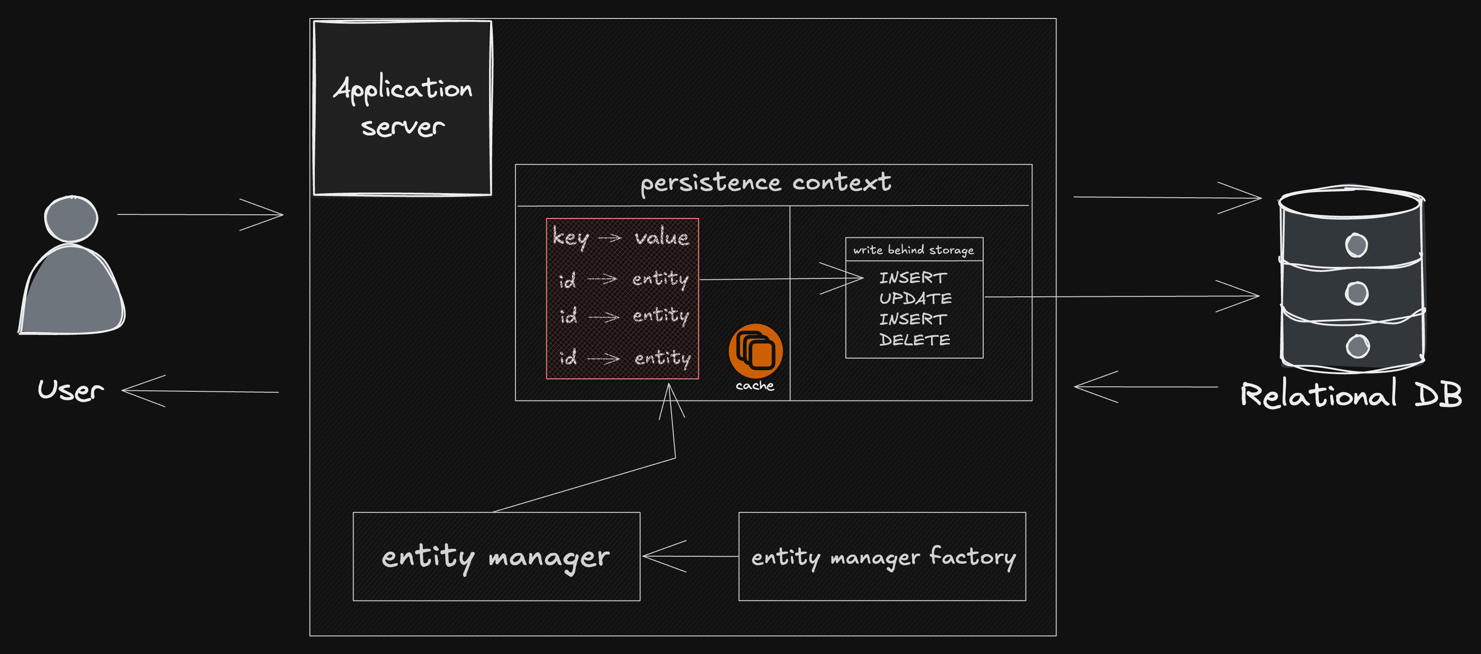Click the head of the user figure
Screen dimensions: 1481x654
pos(71,218)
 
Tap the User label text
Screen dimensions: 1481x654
pos(71,390)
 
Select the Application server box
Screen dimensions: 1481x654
pos(402,108)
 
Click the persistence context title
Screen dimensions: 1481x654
pos(766,183)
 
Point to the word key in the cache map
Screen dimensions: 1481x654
pos(570,237)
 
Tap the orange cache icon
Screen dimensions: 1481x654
pos(755,351)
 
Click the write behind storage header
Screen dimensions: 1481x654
pos(914,249)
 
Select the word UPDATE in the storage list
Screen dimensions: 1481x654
pos(915,298)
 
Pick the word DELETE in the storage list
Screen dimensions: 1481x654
pos(915,340)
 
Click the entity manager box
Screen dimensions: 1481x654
pos(496,556)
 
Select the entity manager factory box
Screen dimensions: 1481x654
pos(882,556)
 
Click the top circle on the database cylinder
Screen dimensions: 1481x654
pos(1356,245)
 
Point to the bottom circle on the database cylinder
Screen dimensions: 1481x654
pos(1357,346)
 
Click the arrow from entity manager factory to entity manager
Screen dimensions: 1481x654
pos(690,556)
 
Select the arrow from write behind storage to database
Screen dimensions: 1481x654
pos(1121,296)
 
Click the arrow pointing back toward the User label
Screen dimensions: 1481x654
pos(200,391)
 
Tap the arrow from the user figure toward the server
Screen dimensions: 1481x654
pos(200,215)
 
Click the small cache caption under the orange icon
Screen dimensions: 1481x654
pos(755,386)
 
